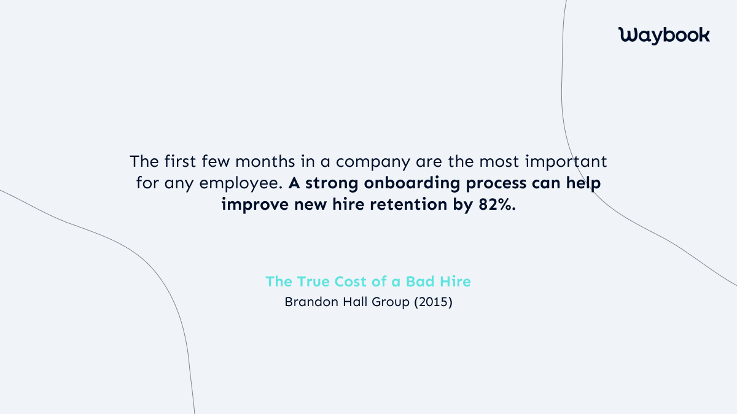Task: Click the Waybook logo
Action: point(664,35)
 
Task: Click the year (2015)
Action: point(432,302)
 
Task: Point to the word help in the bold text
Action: point(584,184)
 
